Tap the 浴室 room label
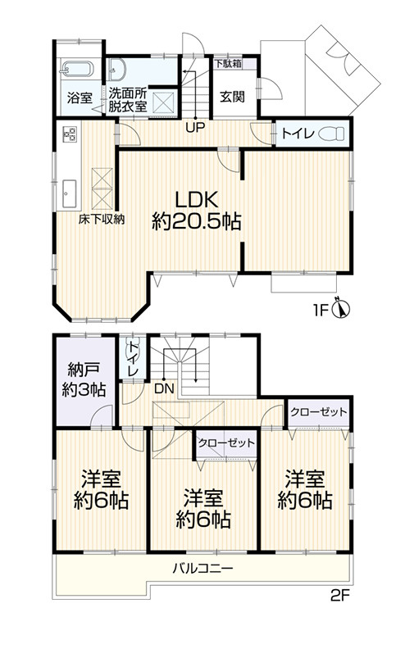[79, 98]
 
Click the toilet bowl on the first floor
[332, 134]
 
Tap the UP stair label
[194, 127]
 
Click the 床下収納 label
[102, 219]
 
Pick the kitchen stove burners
[66, 132]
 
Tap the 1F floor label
[322, 311]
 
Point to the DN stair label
[164, 388]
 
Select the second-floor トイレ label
[131, 360]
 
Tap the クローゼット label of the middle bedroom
[226, 442]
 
